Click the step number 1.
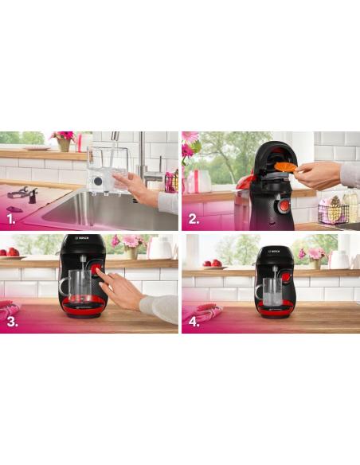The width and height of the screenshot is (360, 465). [x=11, y=217]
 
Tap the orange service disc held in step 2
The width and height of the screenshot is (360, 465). [x=285, y=166]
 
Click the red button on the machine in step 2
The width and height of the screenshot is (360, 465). [x=284, y=206]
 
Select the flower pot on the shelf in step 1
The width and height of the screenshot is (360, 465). [x=63, y=145]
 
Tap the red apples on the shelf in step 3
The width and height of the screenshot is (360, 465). [x=9, y=253]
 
